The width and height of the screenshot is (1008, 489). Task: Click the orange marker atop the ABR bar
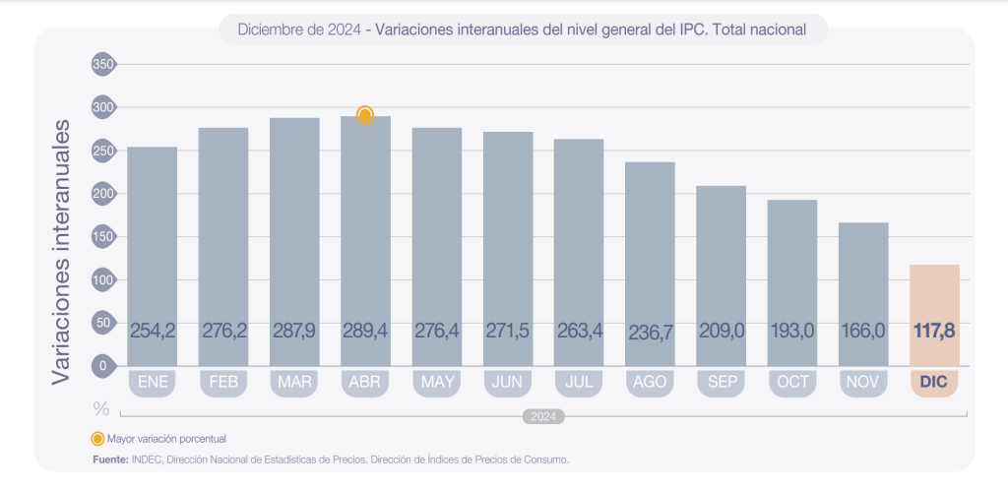[x=365, y=115]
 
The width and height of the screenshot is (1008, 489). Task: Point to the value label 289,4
[x=365, y=331]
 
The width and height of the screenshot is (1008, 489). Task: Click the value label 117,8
[x=934, y=331]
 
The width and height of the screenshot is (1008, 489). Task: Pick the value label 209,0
[x=721, y=331]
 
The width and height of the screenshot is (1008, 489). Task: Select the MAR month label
[x=294, y=382]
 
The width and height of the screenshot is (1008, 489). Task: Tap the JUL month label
[x=579, y=382]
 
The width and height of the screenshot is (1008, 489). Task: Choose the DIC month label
[x=934, y=382]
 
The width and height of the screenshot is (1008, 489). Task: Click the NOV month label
[x=863, y=382]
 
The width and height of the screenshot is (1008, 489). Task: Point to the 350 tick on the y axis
[x=103, y=65]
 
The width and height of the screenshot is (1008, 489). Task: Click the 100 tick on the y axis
[x=103, y=279]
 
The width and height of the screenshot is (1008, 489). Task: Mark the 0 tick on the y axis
[x=103, y=365]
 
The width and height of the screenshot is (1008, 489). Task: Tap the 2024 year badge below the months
[x=542, y=416]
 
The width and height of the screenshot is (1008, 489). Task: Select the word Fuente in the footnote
[x=110, y=459]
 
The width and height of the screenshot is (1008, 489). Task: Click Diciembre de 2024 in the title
[x=298, y=30]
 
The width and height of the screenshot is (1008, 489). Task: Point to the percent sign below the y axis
[x=100, y=407]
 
